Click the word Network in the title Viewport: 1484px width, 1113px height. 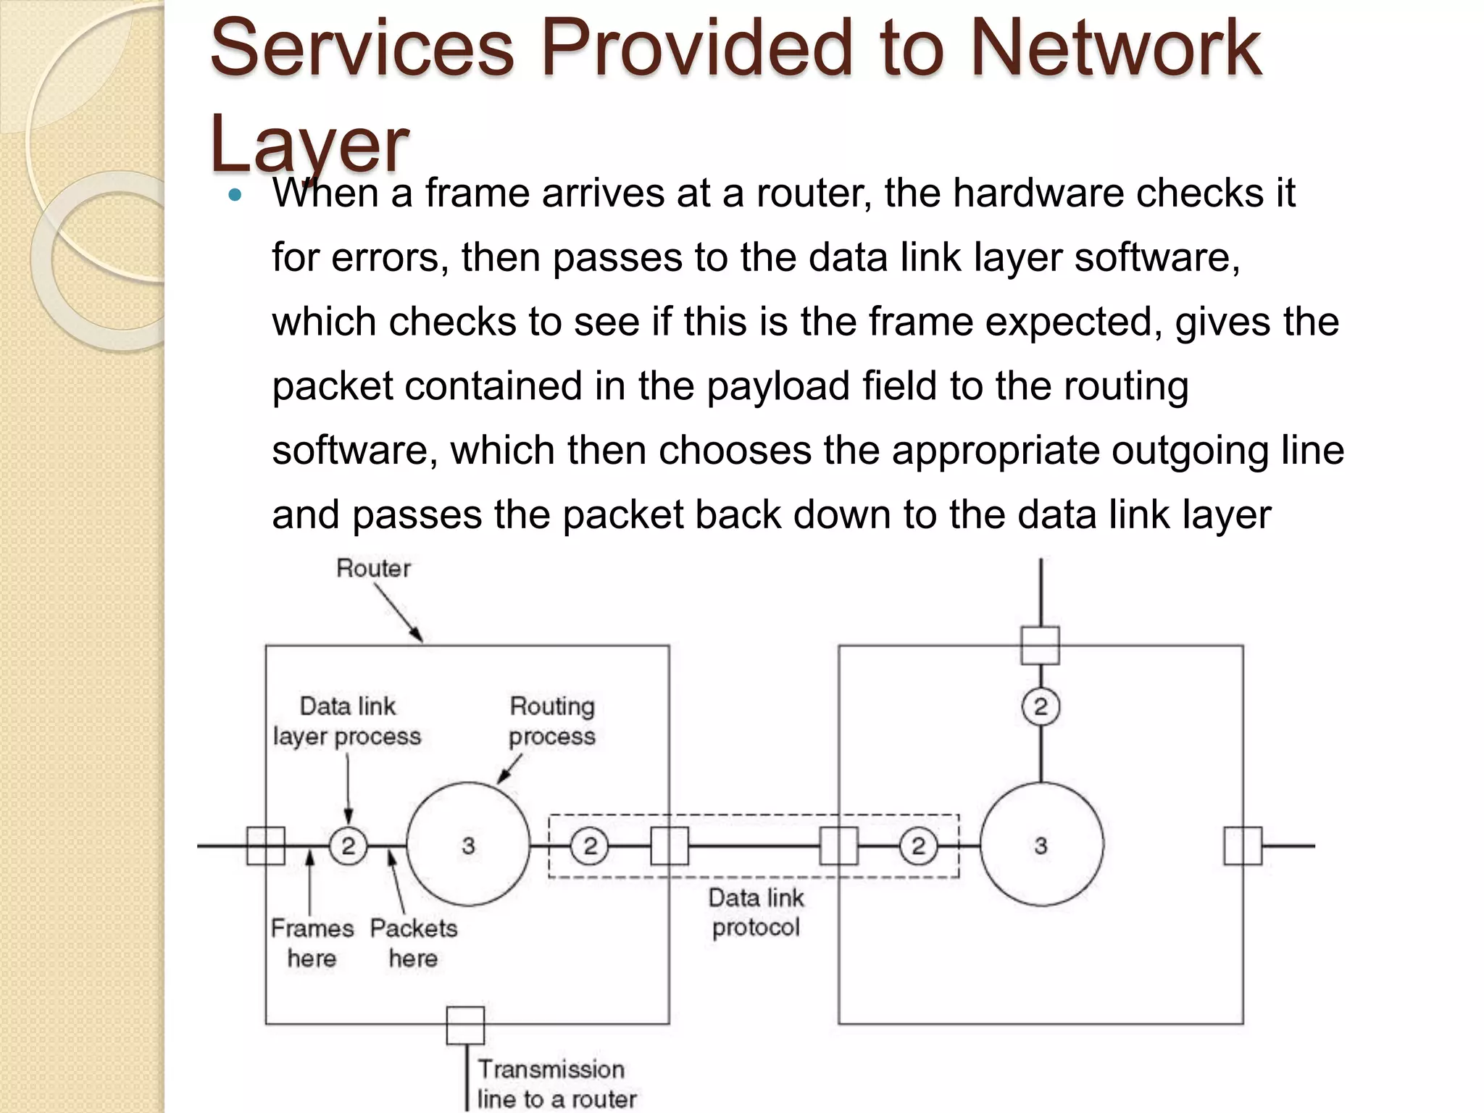(x=1116, y=49)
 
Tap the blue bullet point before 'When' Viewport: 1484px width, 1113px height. (x=234, y=195)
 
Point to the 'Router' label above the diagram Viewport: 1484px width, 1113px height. (x=373, y=569)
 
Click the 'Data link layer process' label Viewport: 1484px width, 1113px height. (x=347, y=721)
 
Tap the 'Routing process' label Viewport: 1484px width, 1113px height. (x=551, y=721)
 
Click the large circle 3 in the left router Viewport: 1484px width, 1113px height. (x=468, y=845)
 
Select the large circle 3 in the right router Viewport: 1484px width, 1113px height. (x=1041, y=845)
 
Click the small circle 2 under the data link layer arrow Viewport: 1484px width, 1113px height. (x=348, y=846)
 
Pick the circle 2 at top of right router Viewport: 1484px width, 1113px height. (x=1041, y=706)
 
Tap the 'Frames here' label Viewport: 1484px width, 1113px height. (x=312, y=943)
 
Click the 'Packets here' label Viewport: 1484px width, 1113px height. (x=414, y=943)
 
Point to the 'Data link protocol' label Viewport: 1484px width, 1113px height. (x=756, y=912)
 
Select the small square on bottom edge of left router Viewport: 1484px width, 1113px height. (x=465, y=1025)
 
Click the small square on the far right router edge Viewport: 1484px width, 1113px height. (x=1243, y=846)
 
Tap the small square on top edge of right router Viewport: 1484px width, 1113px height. (x=1041, y=645)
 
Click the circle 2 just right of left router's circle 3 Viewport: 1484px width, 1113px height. (x=590, y=846)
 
